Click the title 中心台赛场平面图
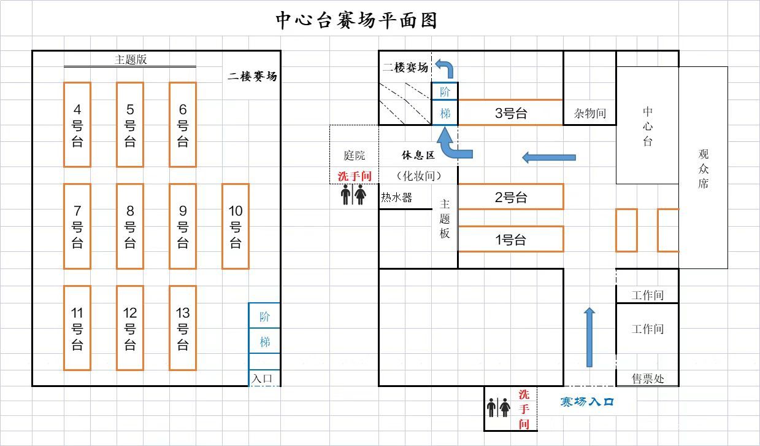[x=356, y=20]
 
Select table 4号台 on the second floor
[x=77, y=125]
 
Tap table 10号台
[x=236, y=226]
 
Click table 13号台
[x=183, y=328]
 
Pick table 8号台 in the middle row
[x=130, y=226]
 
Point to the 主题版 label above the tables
[x=131, y=60]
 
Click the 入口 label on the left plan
[x=262, y=378]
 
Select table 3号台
[x=510, y=113]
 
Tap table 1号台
[x=510, y=240]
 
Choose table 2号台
[x=510, y=197]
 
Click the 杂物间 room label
[x=589, y=113]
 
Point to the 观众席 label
[x=703, y=168]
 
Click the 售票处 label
[x=648, y=378]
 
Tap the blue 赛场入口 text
[x=587, y=402]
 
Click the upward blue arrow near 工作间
[x=589, y=337]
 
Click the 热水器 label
[x=396, y=198]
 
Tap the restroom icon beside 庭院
[x=353, y=195]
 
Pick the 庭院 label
[x=354, y=156]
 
